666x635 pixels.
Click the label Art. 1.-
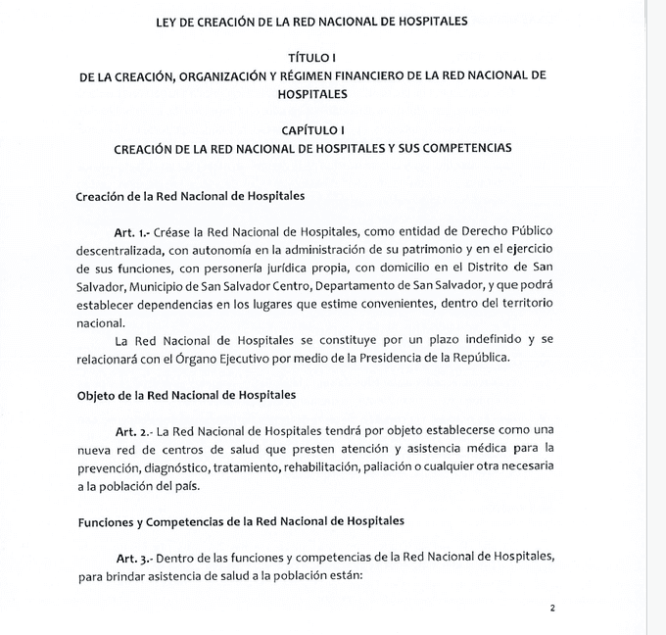[130, 232]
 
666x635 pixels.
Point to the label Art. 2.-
[130, 431]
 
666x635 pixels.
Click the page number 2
[552, 609]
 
